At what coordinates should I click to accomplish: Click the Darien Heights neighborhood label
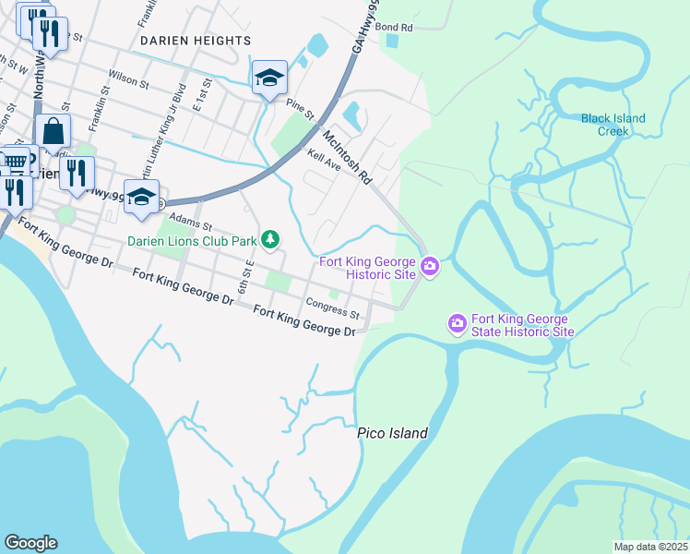coord(195,41)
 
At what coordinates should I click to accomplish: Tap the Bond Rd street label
coord(393,28)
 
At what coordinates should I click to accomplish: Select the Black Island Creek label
coord(613,125)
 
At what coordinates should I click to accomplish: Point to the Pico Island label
coord(393,433)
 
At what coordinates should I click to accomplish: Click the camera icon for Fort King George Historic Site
coord(430,268)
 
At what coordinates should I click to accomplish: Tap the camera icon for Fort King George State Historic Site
coord(456,323)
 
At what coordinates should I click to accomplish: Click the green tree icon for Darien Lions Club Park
coord(269,240)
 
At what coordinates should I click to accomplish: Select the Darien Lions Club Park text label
coord(191,241)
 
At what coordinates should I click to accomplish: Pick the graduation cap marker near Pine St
coord(269,78)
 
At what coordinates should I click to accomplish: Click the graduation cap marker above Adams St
coord(141,198)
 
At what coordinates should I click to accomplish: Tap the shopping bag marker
coord(53,133)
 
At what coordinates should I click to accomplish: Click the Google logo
coord(30,543)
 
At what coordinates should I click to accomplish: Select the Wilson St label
coord(128,82)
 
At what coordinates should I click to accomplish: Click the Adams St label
coord(194,225)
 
